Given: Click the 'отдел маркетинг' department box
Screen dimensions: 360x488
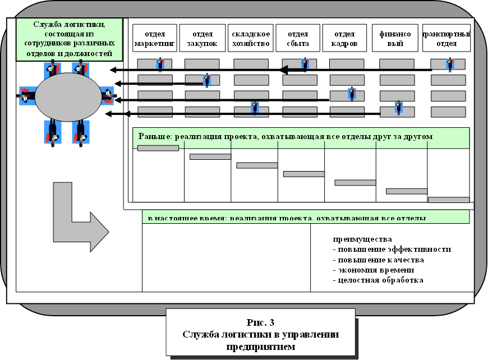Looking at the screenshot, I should point(155,38).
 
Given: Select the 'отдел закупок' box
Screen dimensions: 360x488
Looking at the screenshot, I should point(202,38).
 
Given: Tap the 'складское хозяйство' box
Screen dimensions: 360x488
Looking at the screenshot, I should point(251,38).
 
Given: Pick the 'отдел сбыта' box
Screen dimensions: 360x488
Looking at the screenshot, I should point(298,38).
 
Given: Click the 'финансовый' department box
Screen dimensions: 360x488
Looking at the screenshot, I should point(395,38).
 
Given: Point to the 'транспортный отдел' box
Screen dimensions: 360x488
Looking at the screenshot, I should point(446,38).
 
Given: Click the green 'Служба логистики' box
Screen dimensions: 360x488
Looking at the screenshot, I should point(70,39).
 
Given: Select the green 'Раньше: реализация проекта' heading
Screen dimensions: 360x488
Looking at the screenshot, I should point(301,137).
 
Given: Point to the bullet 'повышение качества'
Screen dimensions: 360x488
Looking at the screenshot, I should point(379,260).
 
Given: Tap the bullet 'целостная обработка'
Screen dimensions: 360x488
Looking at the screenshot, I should point(378,280).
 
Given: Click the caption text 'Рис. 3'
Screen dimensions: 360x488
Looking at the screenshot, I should point(260,322).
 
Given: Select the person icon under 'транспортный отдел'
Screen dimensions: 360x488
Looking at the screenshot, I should point(450,64).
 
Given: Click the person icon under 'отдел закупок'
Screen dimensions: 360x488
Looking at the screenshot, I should point(207,80).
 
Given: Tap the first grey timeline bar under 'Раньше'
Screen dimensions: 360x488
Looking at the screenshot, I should point(158,148).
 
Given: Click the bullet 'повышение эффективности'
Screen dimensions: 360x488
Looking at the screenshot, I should point(392,250).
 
